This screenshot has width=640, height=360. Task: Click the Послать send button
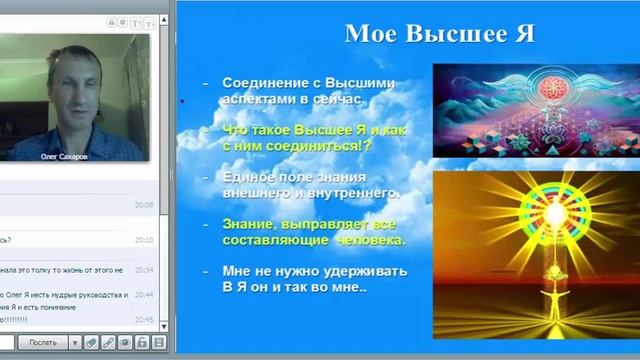pos(42,342)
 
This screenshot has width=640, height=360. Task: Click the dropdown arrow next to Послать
pos(73,342)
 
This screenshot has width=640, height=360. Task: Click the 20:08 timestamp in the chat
pos(143,204)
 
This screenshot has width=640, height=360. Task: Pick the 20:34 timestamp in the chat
pos(143,269)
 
